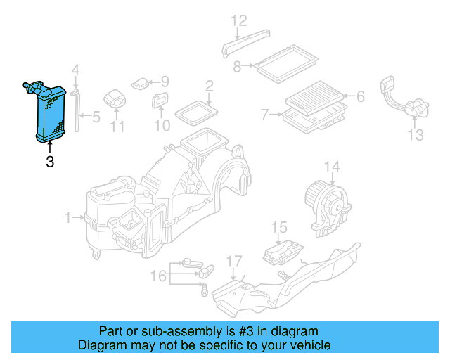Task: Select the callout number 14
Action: point(332,167)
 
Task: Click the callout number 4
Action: point(76,70)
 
